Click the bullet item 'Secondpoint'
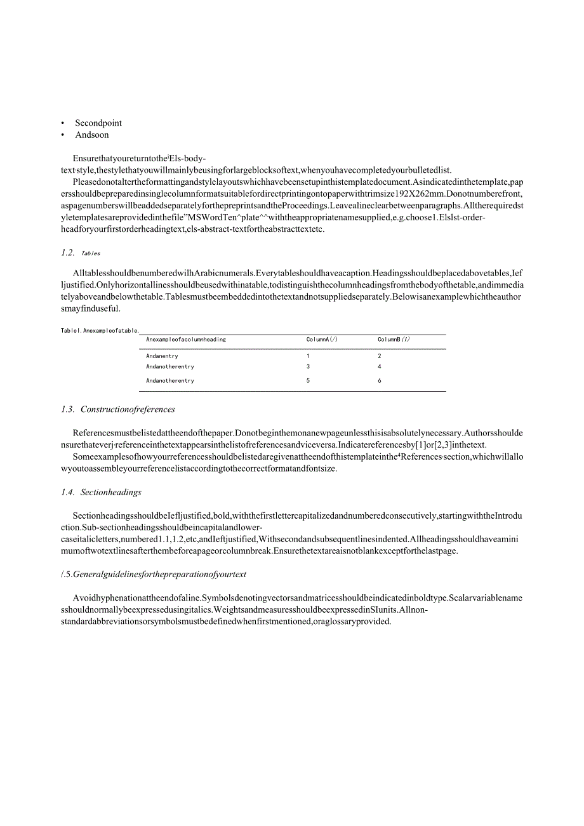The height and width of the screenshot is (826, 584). [x=98, y=123]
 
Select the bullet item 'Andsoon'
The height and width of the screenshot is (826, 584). [x=92, y=135]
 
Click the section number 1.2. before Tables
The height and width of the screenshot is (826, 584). [x=68, y=253]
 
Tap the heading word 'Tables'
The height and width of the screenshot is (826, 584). [x=91, y=253]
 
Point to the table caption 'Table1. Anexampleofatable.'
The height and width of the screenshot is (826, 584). [x=100, y=331]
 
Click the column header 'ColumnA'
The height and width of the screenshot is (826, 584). [x=322, y=340]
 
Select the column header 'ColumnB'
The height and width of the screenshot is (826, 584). [x=394, y=340]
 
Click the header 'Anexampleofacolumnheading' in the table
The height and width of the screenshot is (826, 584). [x=186, y=340]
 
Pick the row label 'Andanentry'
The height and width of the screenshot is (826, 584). [x=162, y=356]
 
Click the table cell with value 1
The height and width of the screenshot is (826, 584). [x=309, y=356]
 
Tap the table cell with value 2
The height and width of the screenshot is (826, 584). [x=380, y=356]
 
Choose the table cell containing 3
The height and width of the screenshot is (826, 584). [x=309, y=367]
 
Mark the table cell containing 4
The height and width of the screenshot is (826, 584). [x=380, y=367]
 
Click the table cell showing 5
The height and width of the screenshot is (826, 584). [x=309, y=381]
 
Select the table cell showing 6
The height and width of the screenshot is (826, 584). [x=380, y=381]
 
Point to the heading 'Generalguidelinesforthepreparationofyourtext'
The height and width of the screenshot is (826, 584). [x=159, y=575]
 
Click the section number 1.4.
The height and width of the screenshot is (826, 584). [x=68, y=492]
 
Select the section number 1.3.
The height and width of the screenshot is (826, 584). [x=68, y=410]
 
